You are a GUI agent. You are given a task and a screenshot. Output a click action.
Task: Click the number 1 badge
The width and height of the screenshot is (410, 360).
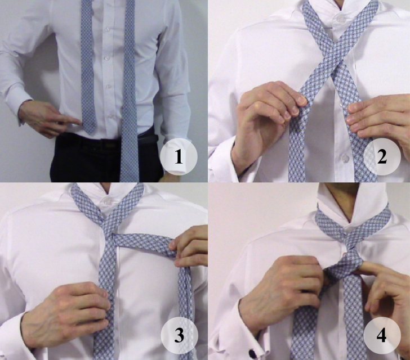coord(179,157)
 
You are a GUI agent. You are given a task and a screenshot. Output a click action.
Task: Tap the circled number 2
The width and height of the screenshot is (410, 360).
coord(382,157)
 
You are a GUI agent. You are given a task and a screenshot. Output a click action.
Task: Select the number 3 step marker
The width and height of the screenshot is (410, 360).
coord(179,335)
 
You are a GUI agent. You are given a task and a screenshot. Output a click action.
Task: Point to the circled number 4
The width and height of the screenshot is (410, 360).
coord(382,335)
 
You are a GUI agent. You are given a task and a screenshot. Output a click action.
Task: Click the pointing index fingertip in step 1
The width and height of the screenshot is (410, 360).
coord(79,121)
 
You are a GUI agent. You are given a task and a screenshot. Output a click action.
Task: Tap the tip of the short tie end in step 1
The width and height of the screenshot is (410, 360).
coord(89,133)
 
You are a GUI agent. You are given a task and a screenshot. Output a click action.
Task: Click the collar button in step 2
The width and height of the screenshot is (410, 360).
coord(340,19)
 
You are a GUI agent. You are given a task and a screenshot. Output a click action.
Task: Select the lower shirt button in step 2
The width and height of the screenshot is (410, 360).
coord(345,157)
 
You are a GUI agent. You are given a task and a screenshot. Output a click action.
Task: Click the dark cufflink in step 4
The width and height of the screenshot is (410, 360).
coord(252,354)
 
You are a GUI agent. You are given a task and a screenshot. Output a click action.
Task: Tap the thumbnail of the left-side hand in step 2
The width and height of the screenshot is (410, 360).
coord(301,100)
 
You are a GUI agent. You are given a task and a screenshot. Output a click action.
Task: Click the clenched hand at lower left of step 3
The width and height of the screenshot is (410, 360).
coord(68,313)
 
